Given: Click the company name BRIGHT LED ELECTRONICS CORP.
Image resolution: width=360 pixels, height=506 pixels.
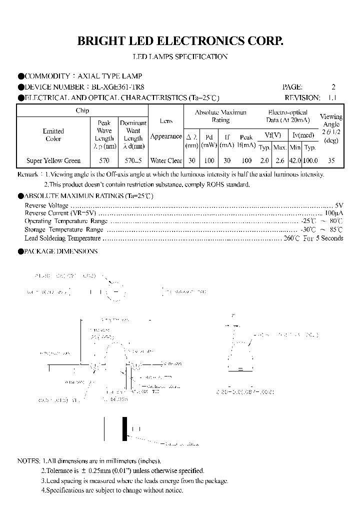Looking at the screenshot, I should (180, 41).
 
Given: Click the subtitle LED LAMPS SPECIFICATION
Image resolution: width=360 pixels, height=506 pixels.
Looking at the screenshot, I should (180, 56).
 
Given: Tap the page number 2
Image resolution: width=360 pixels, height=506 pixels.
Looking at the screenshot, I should (333, 87).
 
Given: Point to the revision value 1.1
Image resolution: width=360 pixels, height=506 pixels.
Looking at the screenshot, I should (332, 98).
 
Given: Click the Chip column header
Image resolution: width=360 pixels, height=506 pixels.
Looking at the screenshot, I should (82, 111).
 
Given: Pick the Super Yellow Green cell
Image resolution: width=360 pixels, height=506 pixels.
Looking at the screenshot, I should (52, 161).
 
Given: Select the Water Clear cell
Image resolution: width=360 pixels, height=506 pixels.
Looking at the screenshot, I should (166, 161).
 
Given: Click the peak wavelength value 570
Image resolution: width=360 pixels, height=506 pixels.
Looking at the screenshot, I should (104, 161).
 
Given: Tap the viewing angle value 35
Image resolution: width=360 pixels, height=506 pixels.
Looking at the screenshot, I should (331, 161).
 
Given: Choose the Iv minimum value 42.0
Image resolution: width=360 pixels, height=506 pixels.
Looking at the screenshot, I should (295, 161).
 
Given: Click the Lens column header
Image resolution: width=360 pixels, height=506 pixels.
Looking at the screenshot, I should (166, 121).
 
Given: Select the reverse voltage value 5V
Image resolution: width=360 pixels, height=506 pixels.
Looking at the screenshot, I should (338, 205).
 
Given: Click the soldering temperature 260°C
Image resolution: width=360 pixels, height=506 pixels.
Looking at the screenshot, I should (291, 238).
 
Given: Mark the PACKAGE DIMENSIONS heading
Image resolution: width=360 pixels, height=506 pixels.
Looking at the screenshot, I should (61, 251).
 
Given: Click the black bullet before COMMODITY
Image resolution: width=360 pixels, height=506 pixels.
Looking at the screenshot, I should (21, 76).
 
